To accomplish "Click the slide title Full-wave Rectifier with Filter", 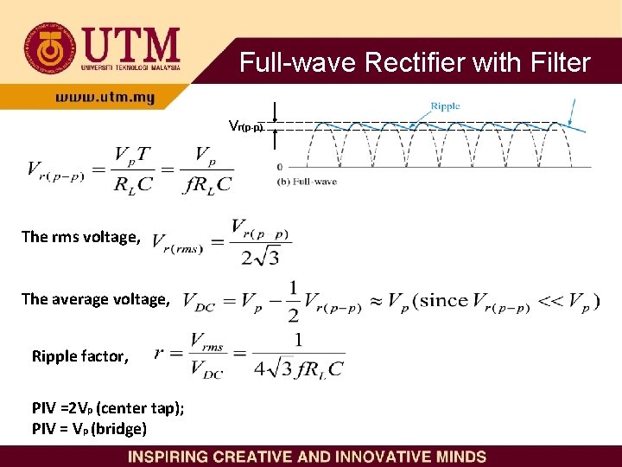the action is (415, 63).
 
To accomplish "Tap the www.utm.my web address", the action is (105, 99).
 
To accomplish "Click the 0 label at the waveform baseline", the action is (279, 167).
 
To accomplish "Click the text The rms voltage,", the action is (80, 237).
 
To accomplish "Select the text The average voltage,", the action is (96, 299).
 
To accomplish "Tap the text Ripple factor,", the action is (80, 356).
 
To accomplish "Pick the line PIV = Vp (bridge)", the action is (89, 429).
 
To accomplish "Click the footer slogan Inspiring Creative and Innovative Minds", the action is (307, 457).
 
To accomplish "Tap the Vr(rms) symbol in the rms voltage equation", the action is (177, 244).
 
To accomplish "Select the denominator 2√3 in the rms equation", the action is (260, 256).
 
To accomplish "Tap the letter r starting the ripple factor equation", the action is (160, 353).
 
